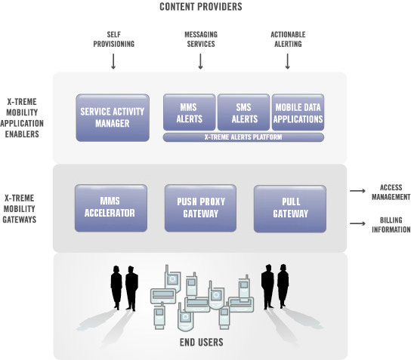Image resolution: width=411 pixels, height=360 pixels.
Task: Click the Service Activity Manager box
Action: [x=113, y=118]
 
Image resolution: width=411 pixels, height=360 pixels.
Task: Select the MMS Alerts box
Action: [x=189, y=112]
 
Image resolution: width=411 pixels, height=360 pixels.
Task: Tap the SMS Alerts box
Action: [x=243, y=112]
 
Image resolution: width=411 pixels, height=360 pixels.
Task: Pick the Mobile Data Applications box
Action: [x=298, y=112]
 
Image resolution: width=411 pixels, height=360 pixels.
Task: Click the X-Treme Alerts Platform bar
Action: [x=243, y=137]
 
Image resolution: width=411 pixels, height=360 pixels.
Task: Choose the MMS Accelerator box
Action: [x=111, y=208]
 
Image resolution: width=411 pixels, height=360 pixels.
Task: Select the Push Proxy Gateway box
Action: [x=200, y=208]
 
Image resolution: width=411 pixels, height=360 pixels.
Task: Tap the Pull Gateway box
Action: [x=290, y=208]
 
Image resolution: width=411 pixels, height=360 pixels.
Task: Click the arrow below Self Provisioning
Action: [x=113, y=61]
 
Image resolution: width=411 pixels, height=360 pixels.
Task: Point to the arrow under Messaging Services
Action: [x=200, y=61]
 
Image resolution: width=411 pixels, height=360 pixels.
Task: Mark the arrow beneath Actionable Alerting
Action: [x=288, y=61]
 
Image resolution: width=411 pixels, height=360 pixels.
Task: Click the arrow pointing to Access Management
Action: [x=357, y=191]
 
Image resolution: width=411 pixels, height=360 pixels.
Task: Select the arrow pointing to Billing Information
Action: [x=357, y=223]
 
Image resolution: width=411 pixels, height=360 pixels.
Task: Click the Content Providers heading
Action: [x=201, y=7]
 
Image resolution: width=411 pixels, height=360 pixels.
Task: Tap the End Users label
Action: [x=201, y=342]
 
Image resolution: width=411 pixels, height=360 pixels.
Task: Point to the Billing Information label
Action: [x=391, y=225]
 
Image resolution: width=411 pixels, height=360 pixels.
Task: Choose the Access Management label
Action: [x=391, y=192]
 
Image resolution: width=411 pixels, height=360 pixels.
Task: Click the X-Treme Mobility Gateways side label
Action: [x=19, y=208]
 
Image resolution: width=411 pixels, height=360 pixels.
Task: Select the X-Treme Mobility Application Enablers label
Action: [x=22, y=118]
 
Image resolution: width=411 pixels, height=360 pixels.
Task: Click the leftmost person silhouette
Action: [x=116, y=288]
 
